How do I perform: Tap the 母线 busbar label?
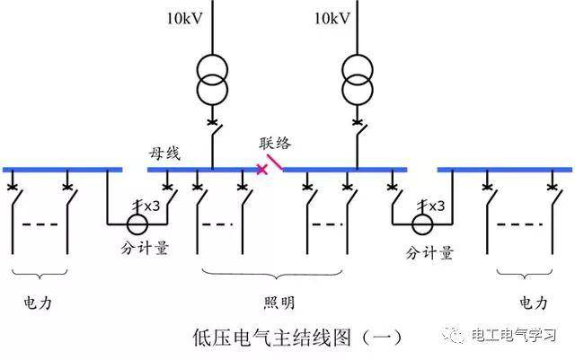165,153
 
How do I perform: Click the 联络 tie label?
275,144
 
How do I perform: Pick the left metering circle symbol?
137,223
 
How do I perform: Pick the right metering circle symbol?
420,223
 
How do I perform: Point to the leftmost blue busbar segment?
63,169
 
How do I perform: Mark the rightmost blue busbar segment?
505,169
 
